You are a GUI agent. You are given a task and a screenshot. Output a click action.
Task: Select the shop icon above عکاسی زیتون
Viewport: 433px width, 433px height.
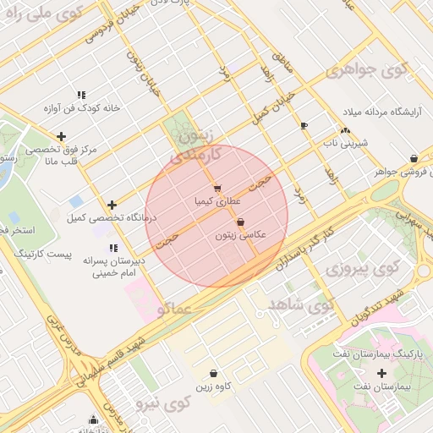pyautogui.click(x=241, y=222)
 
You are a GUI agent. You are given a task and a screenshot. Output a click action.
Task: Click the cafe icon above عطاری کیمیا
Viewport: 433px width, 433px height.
pyautogui.click(x=218, y=189)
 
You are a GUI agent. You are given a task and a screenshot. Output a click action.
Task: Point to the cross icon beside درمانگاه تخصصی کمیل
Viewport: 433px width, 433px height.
pyautogui.click(x=112, y=205)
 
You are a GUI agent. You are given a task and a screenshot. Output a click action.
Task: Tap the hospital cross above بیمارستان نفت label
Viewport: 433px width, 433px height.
pyautogui.click(x=381, y=373)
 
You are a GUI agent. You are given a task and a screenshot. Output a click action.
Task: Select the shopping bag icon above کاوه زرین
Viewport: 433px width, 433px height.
pyautogui.click(x=213, y=373)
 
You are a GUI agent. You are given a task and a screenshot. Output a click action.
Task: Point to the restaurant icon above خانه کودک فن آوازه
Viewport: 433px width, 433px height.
pyautogui.click(x=81, y=95)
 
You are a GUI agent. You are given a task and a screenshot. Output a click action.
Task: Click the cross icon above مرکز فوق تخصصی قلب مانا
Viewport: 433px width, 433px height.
pyautogui.click(x=61, y=136)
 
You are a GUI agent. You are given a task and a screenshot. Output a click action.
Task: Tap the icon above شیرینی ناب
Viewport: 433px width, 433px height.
pyautogui.click(x=344, y=130)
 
